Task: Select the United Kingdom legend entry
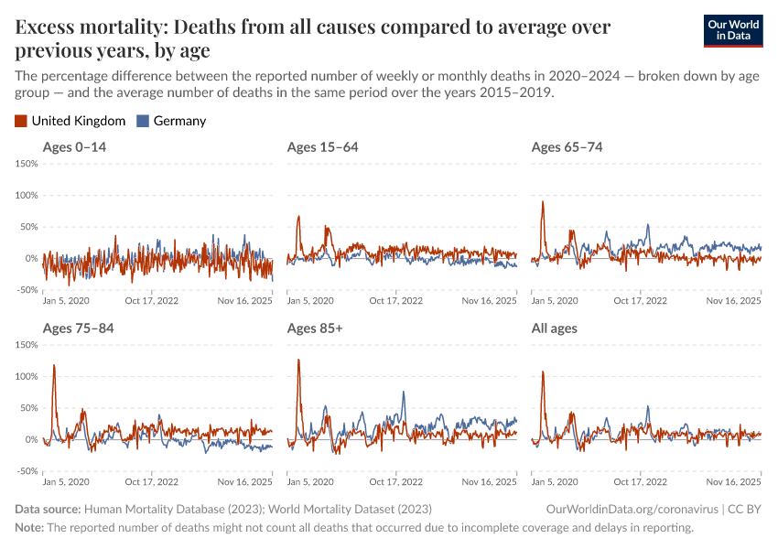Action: [70, 121]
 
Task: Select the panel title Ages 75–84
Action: [78, 328]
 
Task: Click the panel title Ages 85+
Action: [314, 328]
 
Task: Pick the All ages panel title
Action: [555, 328]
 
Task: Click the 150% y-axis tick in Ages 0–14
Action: [26, 164]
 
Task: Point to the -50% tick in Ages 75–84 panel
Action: [26, 471]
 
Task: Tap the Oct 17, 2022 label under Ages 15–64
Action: [396, 300]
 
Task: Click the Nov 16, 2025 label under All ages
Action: [733, 481]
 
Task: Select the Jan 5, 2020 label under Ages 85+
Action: [310, 481]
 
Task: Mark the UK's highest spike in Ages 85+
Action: [298, 360]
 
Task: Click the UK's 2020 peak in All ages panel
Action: [543, 371]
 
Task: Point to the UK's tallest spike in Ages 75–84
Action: [54, 365]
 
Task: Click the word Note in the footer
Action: [28, 528]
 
